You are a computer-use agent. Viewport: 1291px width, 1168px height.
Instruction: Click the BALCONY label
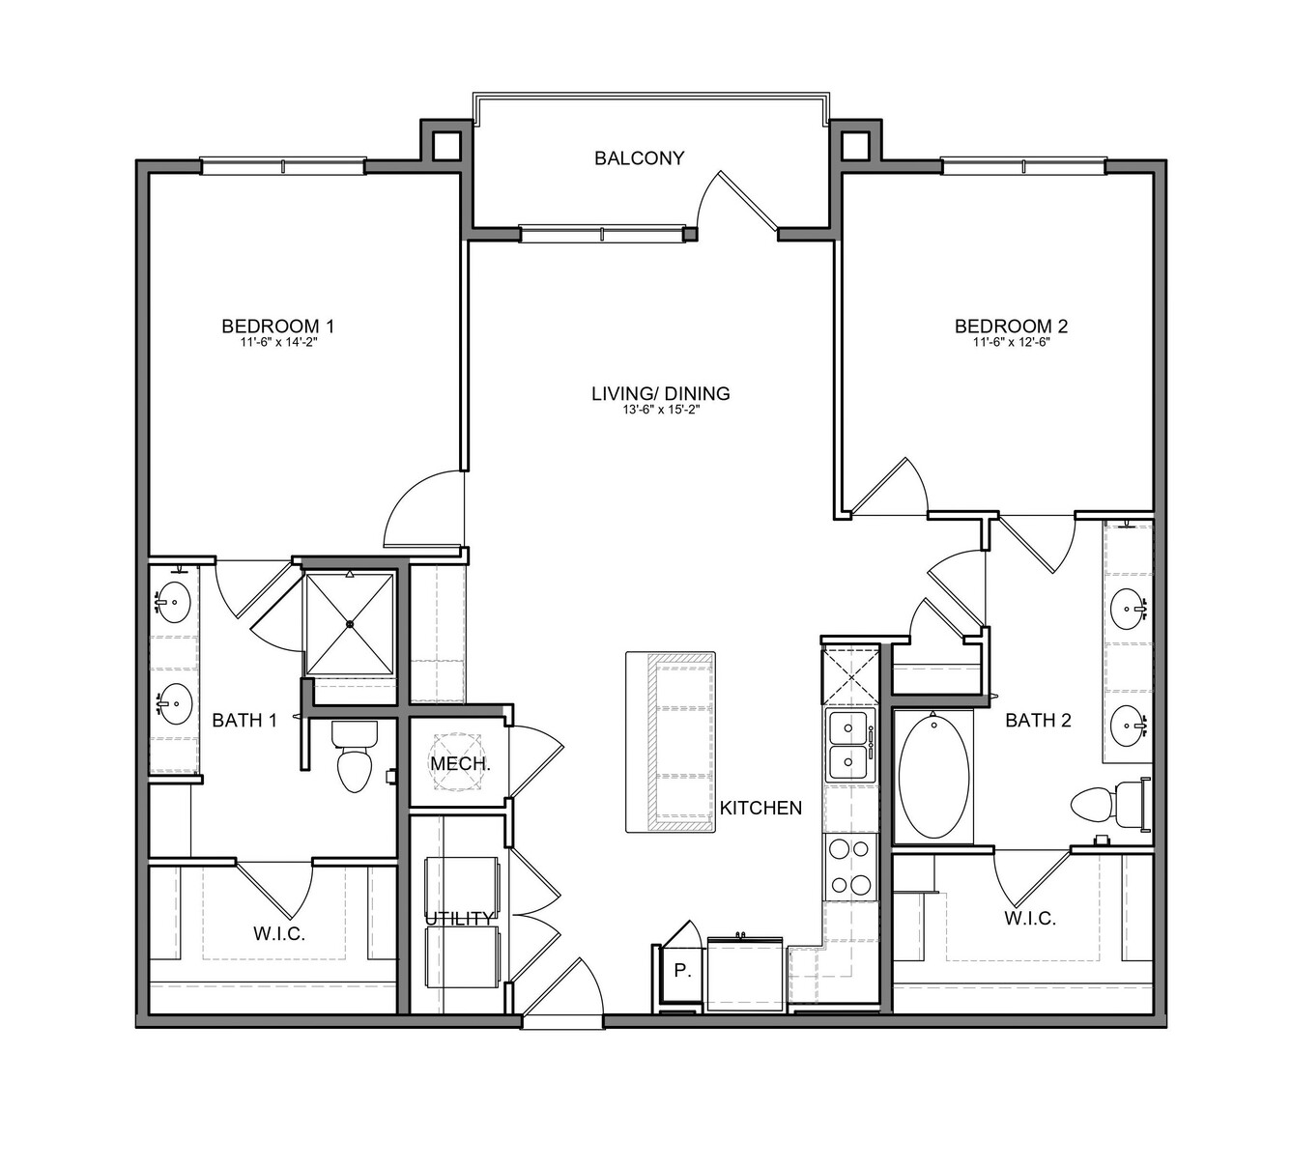639,158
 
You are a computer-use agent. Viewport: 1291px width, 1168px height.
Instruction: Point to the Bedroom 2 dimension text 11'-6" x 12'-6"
1012,343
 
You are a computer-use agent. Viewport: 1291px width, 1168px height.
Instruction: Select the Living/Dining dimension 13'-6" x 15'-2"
661,410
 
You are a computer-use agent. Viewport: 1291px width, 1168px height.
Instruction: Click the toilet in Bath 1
355,756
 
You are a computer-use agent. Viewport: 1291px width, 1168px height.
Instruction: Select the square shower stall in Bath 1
350,624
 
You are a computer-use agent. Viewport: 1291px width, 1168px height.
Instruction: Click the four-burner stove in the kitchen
850,868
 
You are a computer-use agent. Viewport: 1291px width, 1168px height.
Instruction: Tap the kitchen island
671,741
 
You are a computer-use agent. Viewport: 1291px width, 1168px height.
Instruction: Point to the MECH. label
460,764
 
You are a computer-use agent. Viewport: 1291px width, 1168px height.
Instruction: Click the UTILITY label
460,919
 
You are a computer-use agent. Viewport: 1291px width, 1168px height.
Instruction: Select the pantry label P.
682,971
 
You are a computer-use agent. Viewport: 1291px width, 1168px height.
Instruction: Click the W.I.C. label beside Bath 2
1030,919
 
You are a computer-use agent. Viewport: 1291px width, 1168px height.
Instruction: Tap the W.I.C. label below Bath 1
278,934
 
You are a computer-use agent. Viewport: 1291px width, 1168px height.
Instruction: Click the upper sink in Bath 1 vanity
173,603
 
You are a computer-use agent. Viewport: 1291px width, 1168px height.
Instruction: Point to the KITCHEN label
760,809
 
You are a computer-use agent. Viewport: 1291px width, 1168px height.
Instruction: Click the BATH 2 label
1038,721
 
